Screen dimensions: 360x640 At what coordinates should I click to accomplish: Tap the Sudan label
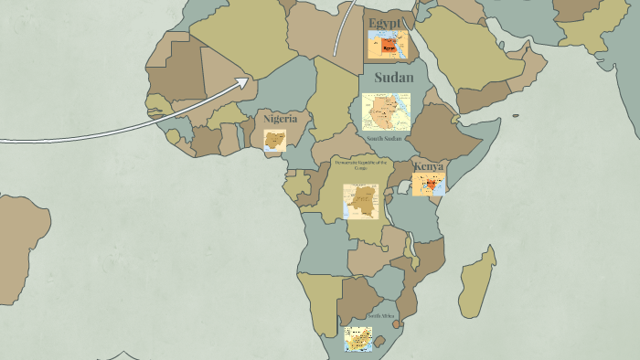(393, 77)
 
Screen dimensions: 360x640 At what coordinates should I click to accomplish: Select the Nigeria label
(280, 119)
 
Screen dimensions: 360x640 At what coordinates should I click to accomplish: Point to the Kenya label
(428, 166)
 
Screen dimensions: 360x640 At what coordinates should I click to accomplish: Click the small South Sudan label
(384, 138)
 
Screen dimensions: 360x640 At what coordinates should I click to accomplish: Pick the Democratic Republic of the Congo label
(361, 164)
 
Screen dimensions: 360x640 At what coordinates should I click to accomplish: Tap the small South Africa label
(382, 316)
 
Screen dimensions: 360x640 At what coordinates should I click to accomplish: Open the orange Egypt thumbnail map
(388, 44)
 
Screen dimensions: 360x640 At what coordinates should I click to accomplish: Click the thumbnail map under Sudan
(386, 111)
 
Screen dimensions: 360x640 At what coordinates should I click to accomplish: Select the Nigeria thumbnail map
(275, 140)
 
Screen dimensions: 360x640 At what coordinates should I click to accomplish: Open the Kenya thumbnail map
(428, 185)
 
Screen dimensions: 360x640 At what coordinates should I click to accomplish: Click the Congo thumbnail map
(361, 201)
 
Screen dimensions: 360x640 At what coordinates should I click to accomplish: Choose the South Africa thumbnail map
(357, 339)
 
